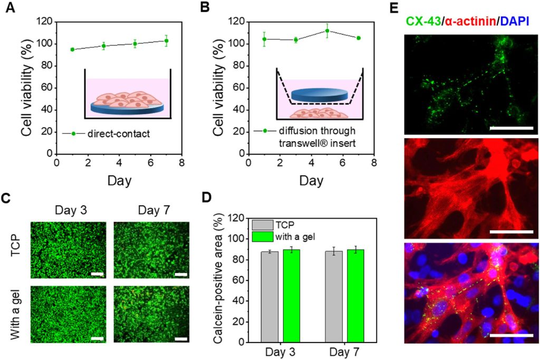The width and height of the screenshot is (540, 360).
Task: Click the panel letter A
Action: coord(9,10)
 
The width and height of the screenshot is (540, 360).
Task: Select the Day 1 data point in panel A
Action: coord(72,50)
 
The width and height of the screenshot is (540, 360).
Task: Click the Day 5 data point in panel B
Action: coord(327,31)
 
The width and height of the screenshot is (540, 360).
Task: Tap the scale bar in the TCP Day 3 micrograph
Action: coord(97,274)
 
